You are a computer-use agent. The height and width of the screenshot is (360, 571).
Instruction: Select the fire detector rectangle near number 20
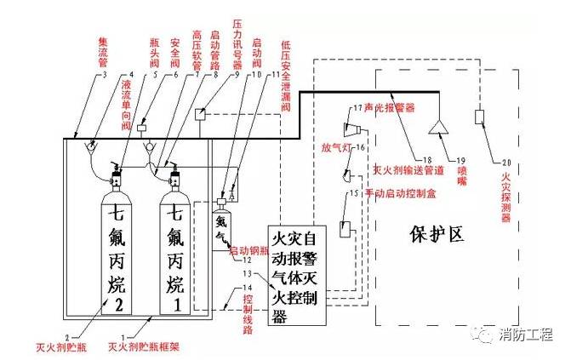(x=479, y=117)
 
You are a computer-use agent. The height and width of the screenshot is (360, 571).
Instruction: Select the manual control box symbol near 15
(x=346, y=228)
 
